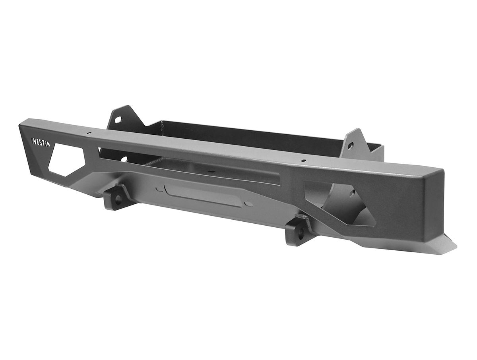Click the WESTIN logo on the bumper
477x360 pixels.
(41, 142)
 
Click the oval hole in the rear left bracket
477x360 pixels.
(118, 120)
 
